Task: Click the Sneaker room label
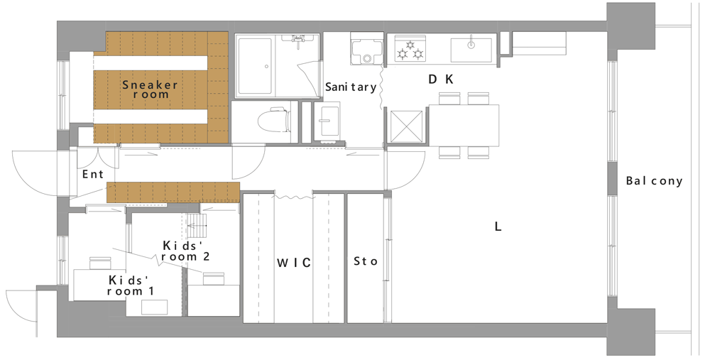pos(150,89)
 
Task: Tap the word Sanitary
pos(351,87)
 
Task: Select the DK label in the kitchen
pos(441,80)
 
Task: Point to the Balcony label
pos(655,181)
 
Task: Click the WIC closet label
pos(294,262)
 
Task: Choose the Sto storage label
pos(366,261)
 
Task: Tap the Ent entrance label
pos(93,175)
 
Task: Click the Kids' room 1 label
pos(131,285)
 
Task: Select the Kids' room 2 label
pos(185,251)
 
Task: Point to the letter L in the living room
pos(498,227)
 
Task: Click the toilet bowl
pos(273,120)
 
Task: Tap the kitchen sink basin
pos(471,50)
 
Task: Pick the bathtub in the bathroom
pos(255,66)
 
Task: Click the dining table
pos(463,126)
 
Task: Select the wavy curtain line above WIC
pos(294,197)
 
